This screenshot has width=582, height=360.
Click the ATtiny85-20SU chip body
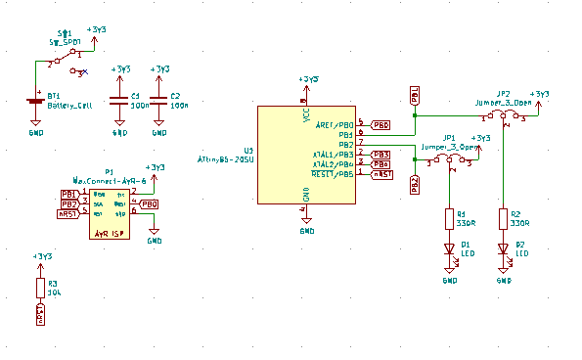point(306,155)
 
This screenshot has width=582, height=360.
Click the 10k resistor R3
point(40,288)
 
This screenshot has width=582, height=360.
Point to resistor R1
point(450,217)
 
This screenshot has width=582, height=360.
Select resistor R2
point(504,217)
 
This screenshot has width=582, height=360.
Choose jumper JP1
point(450,157)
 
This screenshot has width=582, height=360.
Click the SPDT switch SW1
point(67,62)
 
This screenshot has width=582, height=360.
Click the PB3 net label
point(381,155)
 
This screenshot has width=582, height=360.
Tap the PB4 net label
point(381,164)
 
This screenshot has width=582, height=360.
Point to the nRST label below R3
point(40,315)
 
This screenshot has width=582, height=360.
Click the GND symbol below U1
point(306,224)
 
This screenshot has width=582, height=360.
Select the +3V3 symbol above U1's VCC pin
point(306,82)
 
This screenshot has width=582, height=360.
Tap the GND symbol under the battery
point(35,126)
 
